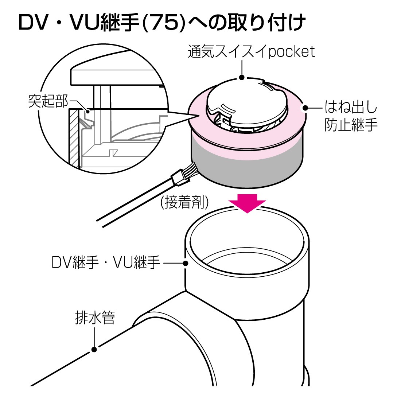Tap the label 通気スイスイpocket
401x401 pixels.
click(x=251, y=52)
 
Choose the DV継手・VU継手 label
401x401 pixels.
click(x=106, y=262)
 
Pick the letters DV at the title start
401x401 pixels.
click(x=35, y=23)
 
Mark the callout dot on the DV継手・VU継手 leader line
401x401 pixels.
click(x=186, y=263)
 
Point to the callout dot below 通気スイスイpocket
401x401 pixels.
click(x=241, y=77)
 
